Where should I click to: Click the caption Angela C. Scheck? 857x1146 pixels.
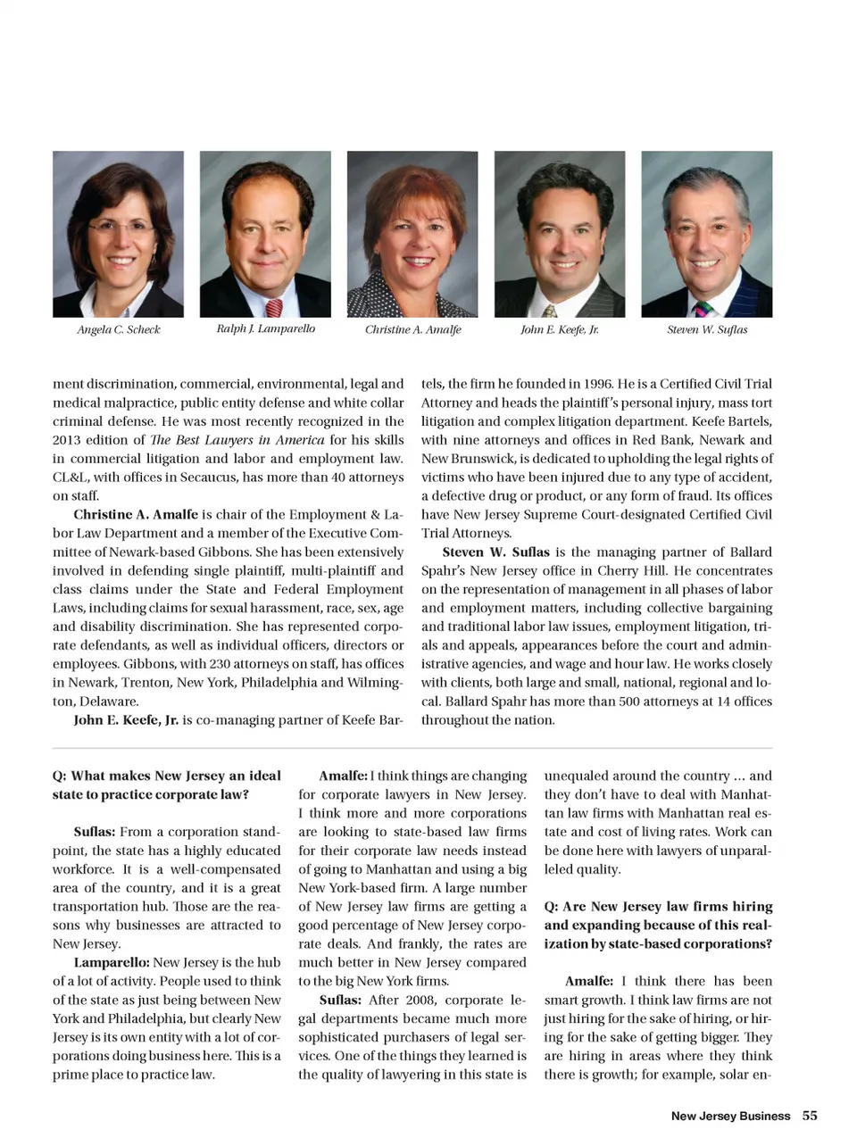pos(118,329)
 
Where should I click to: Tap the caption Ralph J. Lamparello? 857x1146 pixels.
pos(265,328)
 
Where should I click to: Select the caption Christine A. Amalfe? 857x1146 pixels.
pos(412,329)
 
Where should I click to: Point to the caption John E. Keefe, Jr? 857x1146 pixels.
pos(559,329)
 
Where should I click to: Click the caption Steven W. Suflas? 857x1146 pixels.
pos(707,329)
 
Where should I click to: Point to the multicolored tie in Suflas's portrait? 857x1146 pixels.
pos(702,309)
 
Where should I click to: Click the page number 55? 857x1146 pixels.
pos(810,1115)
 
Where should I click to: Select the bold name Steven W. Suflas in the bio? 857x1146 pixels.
pos(496,552)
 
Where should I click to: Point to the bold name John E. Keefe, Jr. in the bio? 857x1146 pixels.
pos(126,720)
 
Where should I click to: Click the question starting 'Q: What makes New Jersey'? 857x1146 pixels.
pos(166,785)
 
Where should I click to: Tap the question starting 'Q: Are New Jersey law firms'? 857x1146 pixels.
pos(658,925)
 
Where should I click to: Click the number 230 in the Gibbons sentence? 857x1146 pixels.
pos(220,664)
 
